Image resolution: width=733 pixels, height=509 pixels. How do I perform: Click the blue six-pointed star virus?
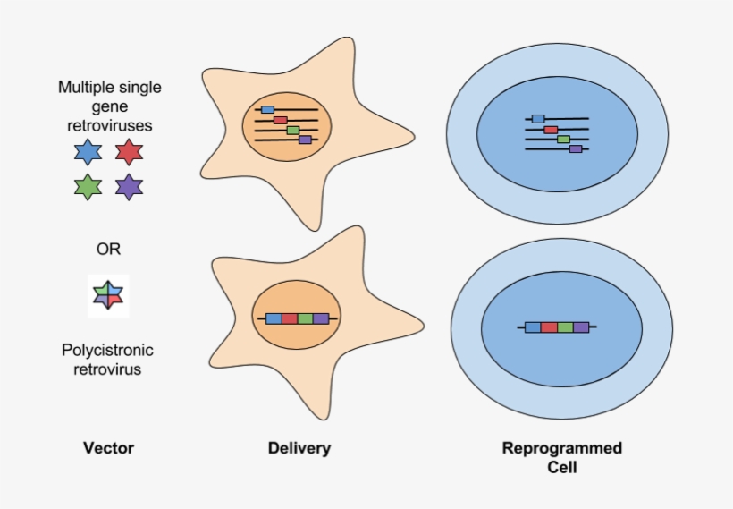click(88, 151)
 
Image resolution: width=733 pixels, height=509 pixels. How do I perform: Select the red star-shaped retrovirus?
click(130, 151)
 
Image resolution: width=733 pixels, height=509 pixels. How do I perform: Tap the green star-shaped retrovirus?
click(88, 187)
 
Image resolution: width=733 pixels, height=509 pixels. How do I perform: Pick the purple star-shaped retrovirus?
click(130, 187)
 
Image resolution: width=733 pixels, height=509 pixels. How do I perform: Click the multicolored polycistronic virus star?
click(109, 295)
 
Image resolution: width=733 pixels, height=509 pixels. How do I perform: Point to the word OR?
click(108, 248)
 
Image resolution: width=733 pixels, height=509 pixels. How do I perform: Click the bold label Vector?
click(108, 448)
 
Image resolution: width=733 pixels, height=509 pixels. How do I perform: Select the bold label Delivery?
click(299, 448)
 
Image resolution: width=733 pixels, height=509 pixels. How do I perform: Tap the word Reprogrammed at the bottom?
click(562, 448)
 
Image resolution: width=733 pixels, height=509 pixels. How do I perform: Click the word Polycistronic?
click(108, 350)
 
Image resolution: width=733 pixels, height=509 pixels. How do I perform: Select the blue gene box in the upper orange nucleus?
click(267, 109)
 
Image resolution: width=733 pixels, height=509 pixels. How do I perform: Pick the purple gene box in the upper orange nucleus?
click(305, 140)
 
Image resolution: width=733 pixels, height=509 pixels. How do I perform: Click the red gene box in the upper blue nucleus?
click(551, 130)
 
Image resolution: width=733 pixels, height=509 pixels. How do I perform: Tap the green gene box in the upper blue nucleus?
click(563, 140)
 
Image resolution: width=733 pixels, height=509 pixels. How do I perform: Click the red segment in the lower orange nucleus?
click(290, 318)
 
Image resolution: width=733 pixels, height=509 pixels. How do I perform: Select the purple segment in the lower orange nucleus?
click(321, 318)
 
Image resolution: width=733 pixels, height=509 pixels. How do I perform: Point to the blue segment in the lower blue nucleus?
click(533, 327)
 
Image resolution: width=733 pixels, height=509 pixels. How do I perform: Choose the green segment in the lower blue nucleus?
click(565, 327)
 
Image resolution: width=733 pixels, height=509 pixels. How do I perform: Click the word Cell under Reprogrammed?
click(561, 467)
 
